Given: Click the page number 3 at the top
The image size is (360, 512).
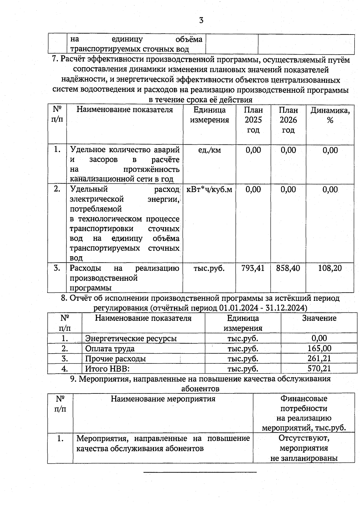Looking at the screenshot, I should (x=201, y=20).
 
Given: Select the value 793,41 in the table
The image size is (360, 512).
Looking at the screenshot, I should (x=253, y=268).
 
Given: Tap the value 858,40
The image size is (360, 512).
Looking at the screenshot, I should (x=288, y=268).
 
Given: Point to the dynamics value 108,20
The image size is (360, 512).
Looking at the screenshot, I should (x=330, y=268).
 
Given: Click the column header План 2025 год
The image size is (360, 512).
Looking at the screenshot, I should (x=253, y=120).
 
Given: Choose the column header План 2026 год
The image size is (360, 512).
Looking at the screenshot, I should (x=288, y=120).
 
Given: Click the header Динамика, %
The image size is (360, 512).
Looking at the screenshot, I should (x=330, y=115).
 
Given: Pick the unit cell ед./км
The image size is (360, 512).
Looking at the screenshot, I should (x=209, y=150).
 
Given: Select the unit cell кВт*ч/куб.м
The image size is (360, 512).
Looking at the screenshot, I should (x=209, y=190).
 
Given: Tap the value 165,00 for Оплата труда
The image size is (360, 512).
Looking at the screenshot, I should (x=319, y=348).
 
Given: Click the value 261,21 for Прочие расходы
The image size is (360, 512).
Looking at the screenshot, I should (x=319, y=358).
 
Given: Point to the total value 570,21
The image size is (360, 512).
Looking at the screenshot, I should (x=319, y=368).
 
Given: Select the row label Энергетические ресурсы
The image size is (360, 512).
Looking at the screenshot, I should (x=131, y=339).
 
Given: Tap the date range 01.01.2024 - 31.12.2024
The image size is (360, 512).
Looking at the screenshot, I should (x=263, y=308).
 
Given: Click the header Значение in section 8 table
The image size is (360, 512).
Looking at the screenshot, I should (x=319, y=318).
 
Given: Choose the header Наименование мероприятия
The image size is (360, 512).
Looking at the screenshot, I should (x=163, y=399).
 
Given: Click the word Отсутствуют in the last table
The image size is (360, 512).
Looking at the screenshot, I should (x=304, y=438).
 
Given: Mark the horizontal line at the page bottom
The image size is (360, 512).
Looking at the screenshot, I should (x=200, y=472).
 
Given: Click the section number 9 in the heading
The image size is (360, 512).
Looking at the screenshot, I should (x=72, y=379).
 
